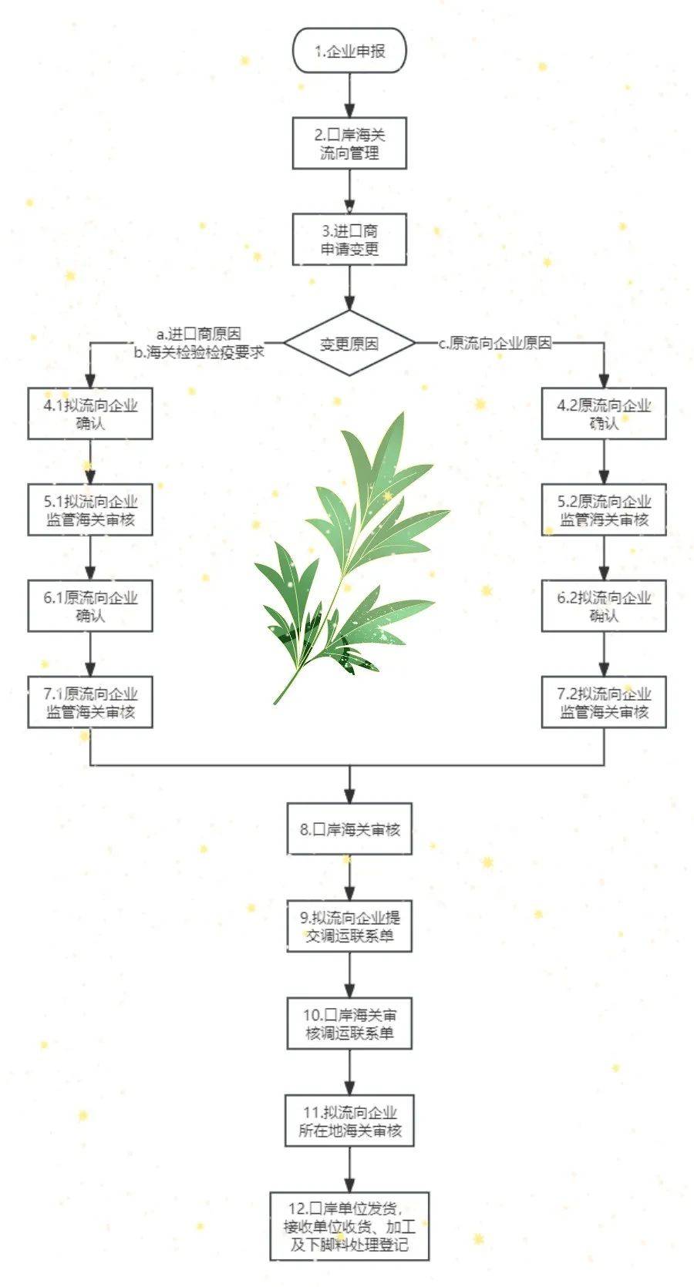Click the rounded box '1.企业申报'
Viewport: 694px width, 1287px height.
click(x=349, y=52)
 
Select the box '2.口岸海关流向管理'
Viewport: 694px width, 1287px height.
click(x=349, y=143)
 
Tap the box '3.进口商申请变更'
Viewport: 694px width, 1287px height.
click(x=349, y=240)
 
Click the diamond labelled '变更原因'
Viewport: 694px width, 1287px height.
click(x=349, y=343)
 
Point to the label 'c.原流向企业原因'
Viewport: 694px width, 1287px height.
click(x=495, y=344)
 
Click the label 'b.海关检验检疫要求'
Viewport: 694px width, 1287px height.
click(x=199, y=352)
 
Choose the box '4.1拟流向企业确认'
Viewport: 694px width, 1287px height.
click(x=90, y=414)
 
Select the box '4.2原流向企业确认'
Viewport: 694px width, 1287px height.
click(x=604, y=414)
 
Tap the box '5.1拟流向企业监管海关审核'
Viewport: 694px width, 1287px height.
click(x=90, y=510)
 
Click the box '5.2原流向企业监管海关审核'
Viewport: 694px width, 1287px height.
click(x=604, y=510)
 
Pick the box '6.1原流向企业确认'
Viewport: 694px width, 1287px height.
click(x=90, y=607)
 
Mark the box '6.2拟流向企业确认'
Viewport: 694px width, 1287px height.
click(x=604, y=607)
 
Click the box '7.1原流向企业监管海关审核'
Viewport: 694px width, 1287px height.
click(x=90, y=702)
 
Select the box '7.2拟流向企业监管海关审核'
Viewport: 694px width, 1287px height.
click(x=604, y=702)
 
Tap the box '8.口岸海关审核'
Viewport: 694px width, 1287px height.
click(x=349, y=829)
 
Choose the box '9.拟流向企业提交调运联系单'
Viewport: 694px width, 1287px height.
click(x=349, y=926)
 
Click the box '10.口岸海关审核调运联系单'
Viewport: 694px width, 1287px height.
click(x=349, y=1023)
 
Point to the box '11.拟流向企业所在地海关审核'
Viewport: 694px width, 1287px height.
click(x=349, y=1121)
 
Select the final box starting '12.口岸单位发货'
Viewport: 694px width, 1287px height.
click(x=349, y=1226)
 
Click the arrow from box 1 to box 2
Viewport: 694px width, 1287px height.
click(x=349, y=95)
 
